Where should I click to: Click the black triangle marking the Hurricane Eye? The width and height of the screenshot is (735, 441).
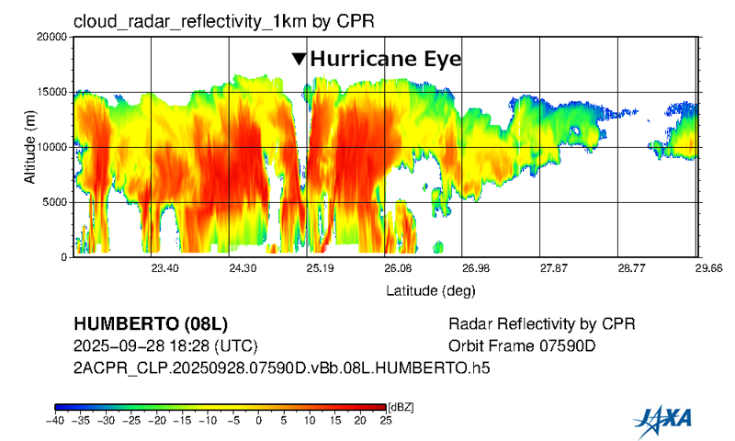(x=299, y=59)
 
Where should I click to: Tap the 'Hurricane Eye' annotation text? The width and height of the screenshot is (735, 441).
(x=385, y=59)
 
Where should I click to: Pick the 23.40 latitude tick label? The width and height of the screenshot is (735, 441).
(x=164, y=268)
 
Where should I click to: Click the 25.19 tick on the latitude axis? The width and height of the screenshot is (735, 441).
(x=320, y=268)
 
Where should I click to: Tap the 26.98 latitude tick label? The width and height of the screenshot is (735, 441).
(x=476, y=268)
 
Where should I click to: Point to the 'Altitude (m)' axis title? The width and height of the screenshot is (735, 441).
(x=29, y=147)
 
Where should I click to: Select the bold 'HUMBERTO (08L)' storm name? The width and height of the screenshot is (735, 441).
(x=149, y=325)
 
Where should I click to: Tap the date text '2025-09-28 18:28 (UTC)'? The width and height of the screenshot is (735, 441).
(x=165, y=346)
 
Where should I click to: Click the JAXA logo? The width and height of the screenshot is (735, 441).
(x=662, y=420)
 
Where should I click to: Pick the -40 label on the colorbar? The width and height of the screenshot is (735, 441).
(x=56, y=421)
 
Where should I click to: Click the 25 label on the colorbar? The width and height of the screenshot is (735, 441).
(x=384, y=421)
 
